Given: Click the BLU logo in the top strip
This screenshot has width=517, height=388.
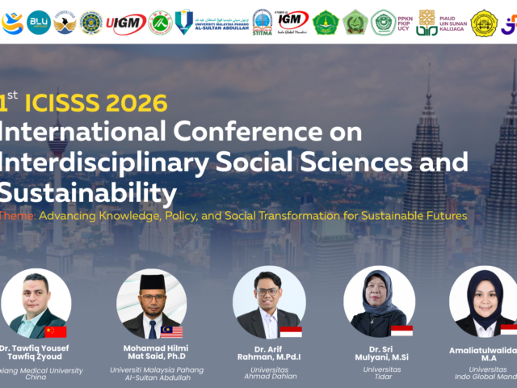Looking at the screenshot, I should [x=39, y=21].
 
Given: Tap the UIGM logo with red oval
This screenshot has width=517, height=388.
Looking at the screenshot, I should [x=126, y=22].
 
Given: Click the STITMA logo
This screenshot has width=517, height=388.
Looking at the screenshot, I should [x=262, y=22].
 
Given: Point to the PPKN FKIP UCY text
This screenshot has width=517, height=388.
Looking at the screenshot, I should [x=405, y=22].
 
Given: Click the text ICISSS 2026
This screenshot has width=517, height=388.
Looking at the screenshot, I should [x=96, y=103].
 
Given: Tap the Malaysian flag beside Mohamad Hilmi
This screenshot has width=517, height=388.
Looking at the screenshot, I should [x=171, y=331].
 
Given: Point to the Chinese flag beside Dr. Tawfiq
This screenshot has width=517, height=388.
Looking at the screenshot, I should [x=56, y=331].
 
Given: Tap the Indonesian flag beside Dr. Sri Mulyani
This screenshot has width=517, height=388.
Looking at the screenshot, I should [x=401, y=330].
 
